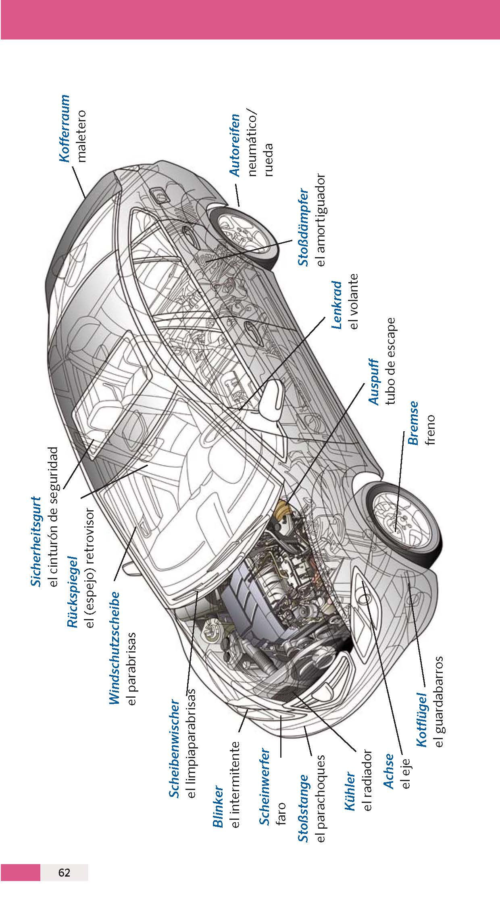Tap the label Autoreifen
tap(235, 145)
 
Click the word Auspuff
tap(374, 381)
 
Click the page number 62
tap(65, 873)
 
